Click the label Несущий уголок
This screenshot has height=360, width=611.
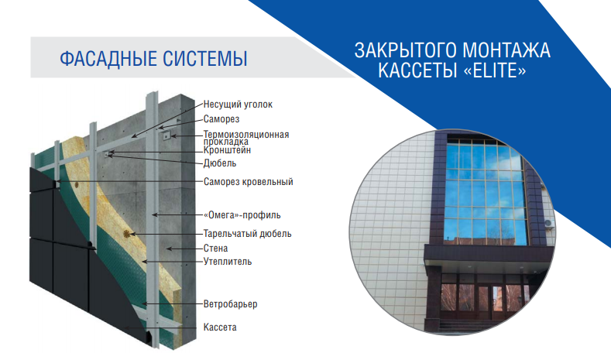(x=238, y=104)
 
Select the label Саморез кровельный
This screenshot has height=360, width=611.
(x=248, y=182)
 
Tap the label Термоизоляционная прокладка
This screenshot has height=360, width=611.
(x=246, y=135)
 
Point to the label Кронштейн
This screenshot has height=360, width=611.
(x=226, y=152)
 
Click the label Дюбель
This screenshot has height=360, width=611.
(x=220, y=163)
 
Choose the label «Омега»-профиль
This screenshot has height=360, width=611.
(x=242, y=214)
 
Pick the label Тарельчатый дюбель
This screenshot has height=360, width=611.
(x=247, y=233)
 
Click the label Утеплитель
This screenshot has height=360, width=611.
(x=227, y=262)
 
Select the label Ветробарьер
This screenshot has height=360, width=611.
(x=230, y=304)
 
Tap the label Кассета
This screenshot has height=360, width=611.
(x=220, y=327)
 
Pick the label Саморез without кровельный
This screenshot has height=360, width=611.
(x=221, y=120)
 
